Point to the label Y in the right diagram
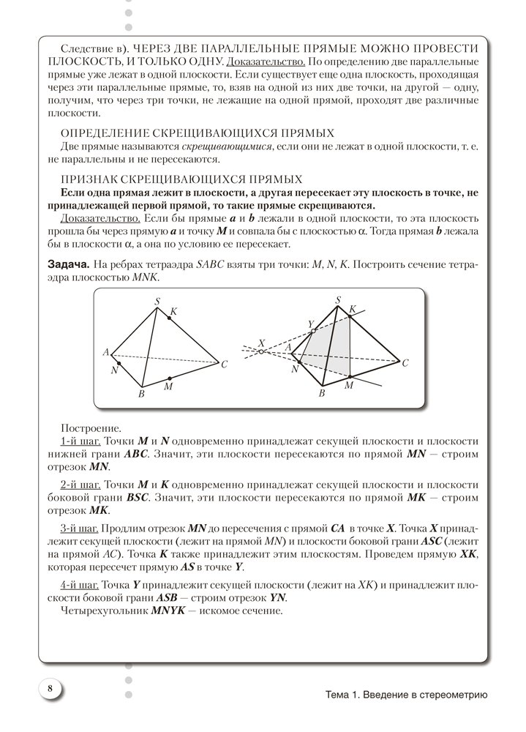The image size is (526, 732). [x=310, y=322]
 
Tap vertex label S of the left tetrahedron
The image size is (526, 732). [x=157, y=300]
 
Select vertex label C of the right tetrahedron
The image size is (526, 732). [x=405, y=363]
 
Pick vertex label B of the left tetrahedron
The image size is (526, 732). [x=140, y=395]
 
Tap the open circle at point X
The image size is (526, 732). [x=261, y=352]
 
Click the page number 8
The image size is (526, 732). [x=49, y=689]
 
